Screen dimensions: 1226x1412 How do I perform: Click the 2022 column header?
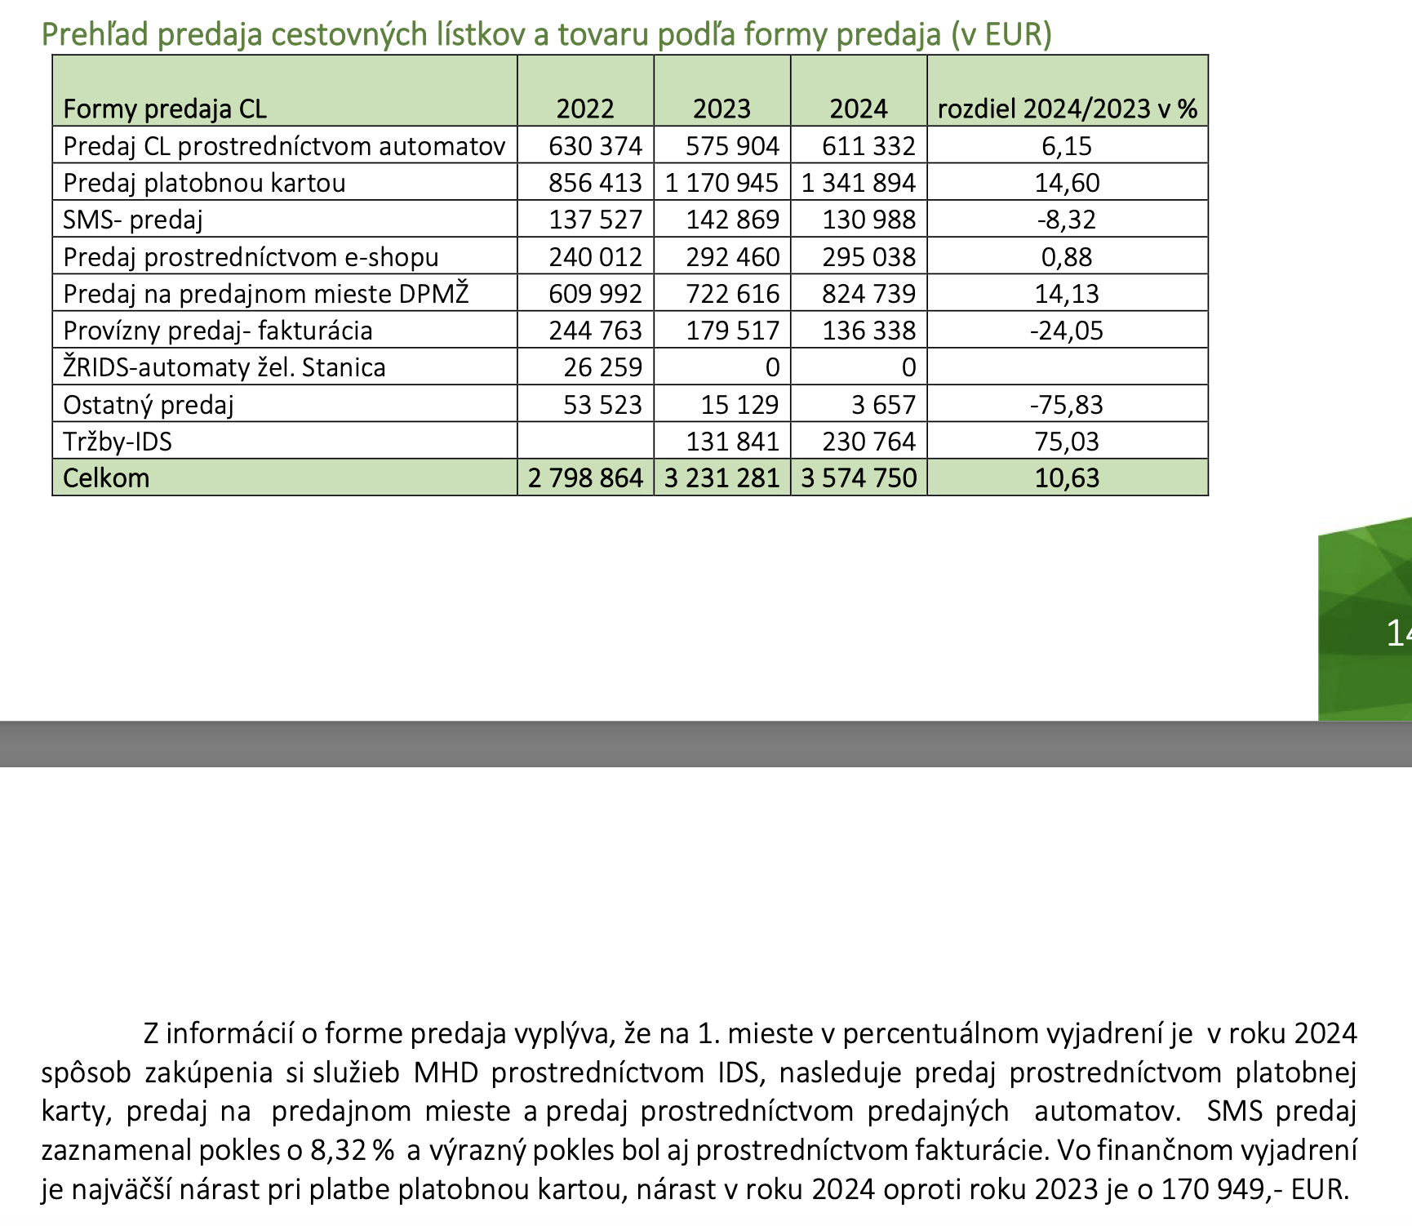coord(584,109)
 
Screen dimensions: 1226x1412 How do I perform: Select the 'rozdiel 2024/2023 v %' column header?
coord(1067,109)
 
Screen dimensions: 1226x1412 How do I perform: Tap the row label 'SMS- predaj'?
coord(132,220)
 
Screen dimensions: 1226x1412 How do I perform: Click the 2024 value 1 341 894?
coord(858,183)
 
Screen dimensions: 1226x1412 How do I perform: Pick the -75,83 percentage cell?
coord(1066,405)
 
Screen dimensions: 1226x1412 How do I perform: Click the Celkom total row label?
coord(106,478)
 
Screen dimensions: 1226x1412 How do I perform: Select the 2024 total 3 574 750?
coord(859,478)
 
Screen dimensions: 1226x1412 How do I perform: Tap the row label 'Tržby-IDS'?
coord(118,442)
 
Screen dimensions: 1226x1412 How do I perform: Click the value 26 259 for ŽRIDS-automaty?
coord(602,367)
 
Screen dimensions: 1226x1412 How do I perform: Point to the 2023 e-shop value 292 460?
coord(732,257)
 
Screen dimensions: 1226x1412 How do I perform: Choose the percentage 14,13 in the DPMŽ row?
coord(1067,294)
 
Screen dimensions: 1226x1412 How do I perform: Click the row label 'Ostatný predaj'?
coord(149,405)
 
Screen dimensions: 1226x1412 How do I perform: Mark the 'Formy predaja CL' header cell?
coord(165,109)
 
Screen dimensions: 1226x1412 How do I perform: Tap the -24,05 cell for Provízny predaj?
coord(1066,331)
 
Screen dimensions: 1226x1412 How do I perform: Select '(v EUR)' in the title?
coord(1001,34)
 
